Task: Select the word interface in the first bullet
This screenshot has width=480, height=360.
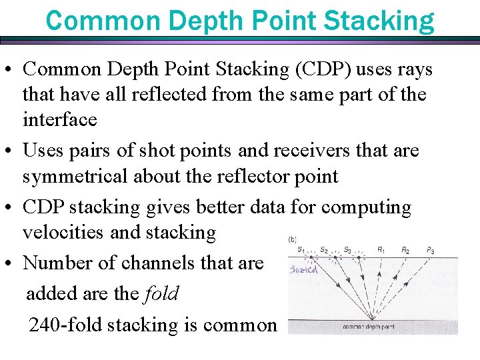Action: (x=60, y=120)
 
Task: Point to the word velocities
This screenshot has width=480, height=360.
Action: (x=64, y=232)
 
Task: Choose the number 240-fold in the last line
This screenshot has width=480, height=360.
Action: (x=65, y=325)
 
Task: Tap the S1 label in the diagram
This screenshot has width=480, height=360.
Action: (x=301, y=249)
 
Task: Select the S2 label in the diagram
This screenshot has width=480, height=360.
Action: (x=324, y=249)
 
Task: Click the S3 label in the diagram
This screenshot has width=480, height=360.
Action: (x=347, y=249)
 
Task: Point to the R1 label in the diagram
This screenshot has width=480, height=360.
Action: (x=381, y=249)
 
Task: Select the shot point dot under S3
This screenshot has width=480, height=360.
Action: (x=359, y=257)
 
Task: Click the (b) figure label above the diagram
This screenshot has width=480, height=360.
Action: (x=293, y=239)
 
